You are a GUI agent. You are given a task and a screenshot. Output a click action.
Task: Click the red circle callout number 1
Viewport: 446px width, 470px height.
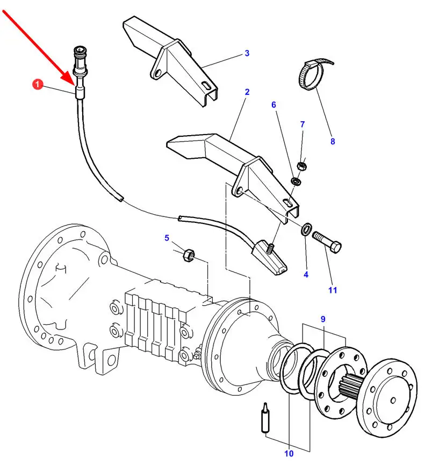[x=38, y=84]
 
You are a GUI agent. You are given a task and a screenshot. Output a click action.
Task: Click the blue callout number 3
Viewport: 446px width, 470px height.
[x=247, y=53]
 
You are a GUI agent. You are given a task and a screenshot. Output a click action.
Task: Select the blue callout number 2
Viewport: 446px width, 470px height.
[x=247, y=92]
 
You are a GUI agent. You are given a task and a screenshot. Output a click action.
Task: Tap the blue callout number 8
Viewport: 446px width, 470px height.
[x=333, y=142]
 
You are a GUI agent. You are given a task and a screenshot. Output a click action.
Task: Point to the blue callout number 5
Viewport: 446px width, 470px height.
[x=167, y=238]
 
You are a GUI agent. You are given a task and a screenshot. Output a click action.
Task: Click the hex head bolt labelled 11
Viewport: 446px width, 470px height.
[x=327, y=242]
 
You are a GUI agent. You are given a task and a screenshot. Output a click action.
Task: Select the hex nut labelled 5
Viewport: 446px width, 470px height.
[x=189, y=255]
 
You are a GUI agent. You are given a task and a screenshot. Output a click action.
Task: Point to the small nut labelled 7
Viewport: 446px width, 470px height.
[x=301, y=166]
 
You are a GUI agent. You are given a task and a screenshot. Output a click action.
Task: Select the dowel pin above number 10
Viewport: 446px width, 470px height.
[x=265, y=418]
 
